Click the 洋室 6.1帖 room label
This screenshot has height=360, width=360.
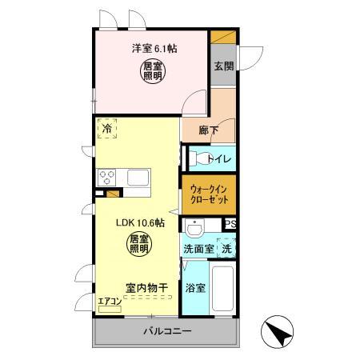coord(155,48)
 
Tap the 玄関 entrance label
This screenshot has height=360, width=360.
coord(224,66)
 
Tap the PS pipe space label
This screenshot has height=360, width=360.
coord(230,225)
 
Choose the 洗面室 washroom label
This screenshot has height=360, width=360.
coord(198,250)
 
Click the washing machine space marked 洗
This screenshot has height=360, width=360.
coord(226,249)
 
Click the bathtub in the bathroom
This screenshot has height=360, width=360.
coord(223,290)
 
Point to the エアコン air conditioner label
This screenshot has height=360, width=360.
coord(109,301)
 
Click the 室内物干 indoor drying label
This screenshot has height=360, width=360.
coord(146,286)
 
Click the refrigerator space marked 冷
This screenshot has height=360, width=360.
coord(108,128)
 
